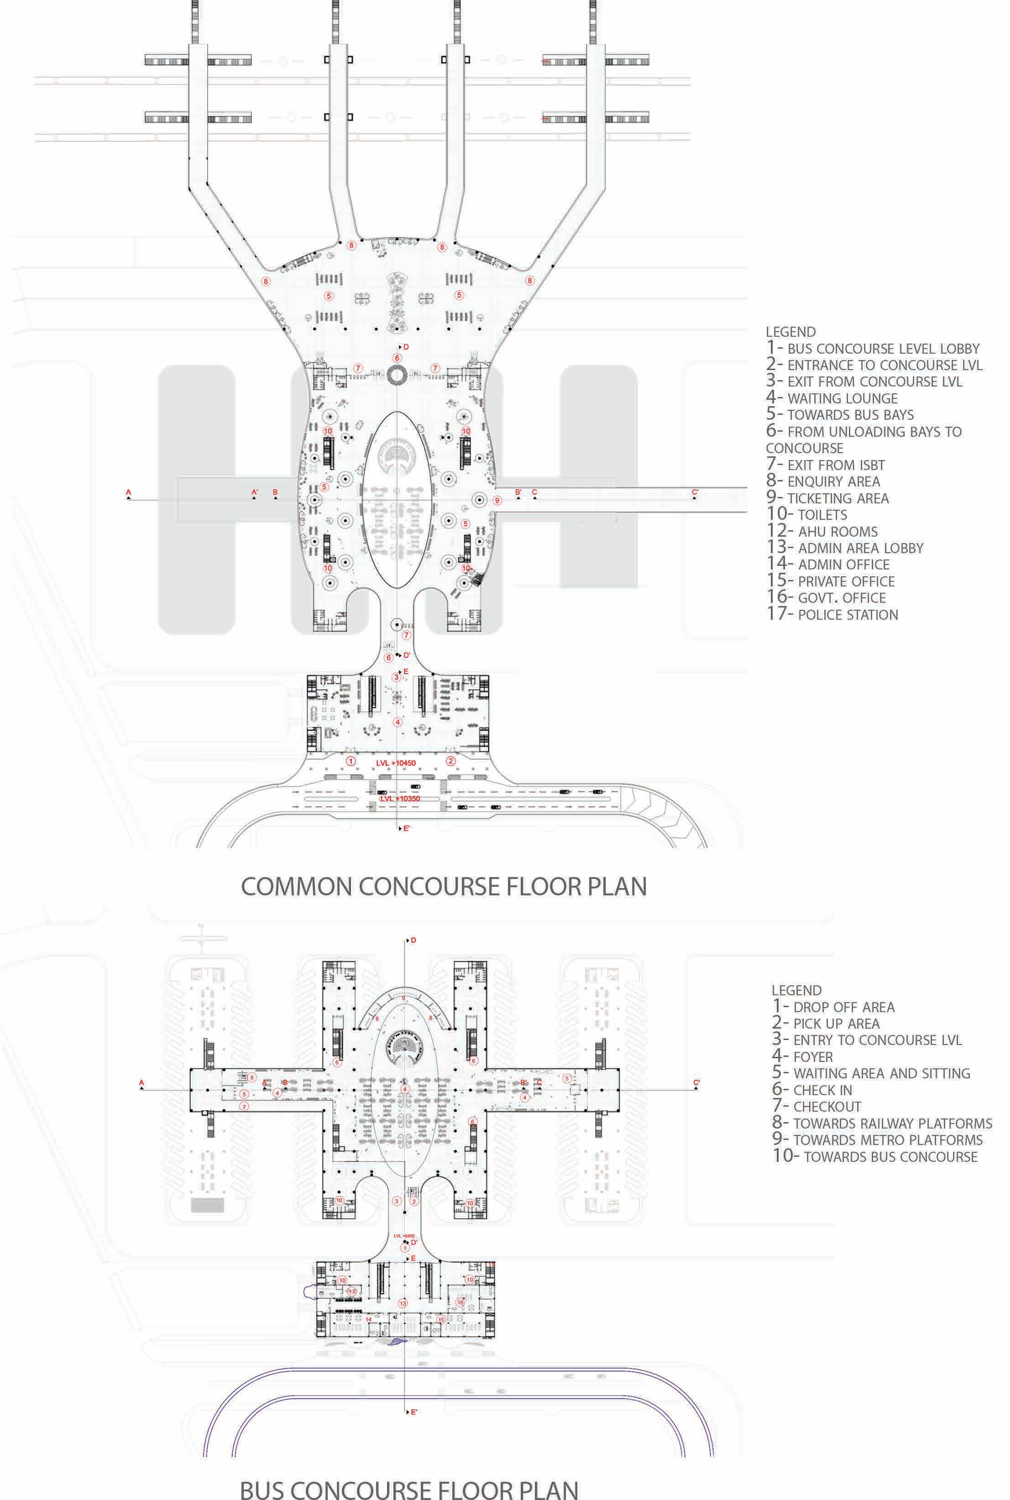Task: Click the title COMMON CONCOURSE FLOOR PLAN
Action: coord(443,886)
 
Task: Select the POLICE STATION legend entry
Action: coord(832,614)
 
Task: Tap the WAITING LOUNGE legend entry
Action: coord(832,398)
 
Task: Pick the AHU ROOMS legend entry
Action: coord(822,531)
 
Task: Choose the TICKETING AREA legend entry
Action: coord(828,498)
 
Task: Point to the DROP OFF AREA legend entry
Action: coord(833,1007)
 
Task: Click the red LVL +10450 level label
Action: coord(396,763)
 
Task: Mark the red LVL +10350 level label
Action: coord(399,799)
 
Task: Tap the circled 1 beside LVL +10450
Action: coord(351,761)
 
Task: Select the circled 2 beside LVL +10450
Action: coord(451,761)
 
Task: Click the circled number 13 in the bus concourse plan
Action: coord(403,1303)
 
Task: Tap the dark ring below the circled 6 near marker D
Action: coord(396,373)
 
